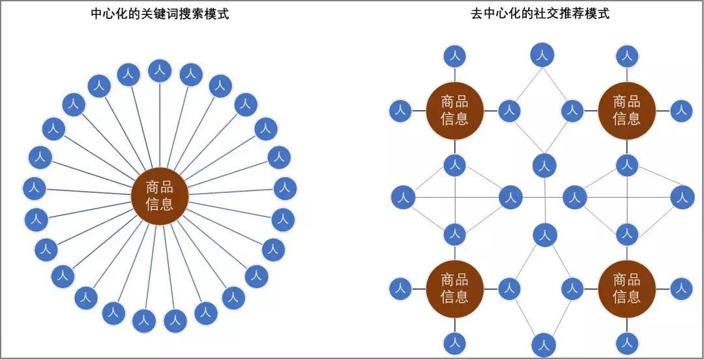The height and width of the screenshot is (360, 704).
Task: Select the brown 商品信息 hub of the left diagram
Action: click(x=160, y=196)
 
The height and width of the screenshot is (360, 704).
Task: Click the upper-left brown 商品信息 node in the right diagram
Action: click(x=454, y=110)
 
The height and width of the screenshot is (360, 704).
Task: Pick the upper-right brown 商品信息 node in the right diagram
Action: click(x=626, y=110)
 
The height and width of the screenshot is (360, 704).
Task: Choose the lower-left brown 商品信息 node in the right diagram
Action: click(x=454, y=288)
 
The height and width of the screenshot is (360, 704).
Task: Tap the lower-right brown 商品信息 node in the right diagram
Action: click(x=626, y=288)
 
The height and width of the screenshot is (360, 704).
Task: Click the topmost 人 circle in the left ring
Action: click(x=160, y=70)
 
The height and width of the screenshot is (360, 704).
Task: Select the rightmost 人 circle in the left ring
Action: click(x=285, y=188)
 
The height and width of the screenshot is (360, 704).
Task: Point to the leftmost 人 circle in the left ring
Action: click(x=35, y=188)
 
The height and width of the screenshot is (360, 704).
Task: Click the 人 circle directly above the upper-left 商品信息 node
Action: click(x=454, y=57)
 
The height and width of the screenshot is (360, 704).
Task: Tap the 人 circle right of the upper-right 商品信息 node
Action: click(x=681, y=110)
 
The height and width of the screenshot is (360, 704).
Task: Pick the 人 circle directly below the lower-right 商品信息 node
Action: click(x=626, y=341)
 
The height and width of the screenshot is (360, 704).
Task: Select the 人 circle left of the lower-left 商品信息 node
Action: click(x=400, y=288)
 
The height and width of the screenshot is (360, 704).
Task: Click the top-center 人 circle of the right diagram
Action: click(x=542, y=55)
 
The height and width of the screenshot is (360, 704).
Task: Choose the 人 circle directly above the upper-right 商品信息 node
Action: click(x=626, y=57)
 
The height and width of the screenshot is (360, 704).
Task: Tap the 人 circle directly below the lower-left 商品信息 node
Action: click(x=454, y=341)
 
